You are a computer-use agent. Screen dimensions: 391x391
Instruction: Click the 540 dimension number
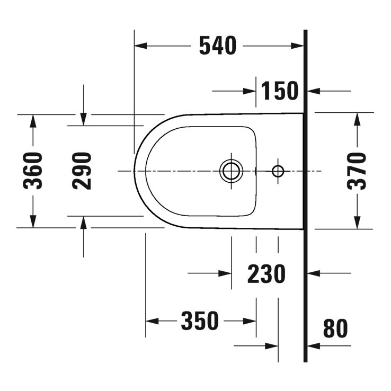click(x=217, y=47)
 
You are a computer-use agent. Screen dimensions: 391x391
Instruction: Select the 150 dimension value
click(x=279, y=91)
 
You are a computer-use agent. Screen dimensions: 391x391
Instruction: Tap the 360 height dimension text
click(x=35, y=171)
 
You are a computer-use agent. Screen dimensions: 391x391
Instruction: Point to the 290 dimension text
click(x=82, y=171)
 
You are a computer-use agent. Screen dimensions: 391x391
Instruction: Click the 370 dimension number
click(x=357, y=171)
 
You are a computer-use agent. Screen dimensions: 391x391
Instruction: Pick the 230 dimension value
click(x=266, y=274)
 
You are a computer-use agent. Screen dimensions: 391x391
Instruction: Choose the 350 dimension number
click(x=200, y=321)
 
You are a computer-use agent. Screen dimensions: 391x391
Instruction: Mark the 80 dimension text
click(x=335, y=329)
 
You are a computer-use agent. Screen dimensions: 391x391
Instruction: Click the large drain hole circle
click(x=231, y=171)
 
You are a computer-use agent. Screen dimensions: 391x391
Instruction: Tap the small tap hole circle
click(x=278, y=171)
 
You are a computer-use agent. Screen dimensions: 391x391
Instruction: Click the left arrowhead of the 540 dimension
click(x=140, y=47)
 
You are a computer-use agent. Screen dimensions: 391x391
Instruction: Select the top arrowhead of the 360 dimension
click(x=33, y=120)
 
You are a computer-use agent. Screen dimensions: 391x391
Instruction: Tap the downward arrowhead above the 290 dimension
click(x=83, y=120)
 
